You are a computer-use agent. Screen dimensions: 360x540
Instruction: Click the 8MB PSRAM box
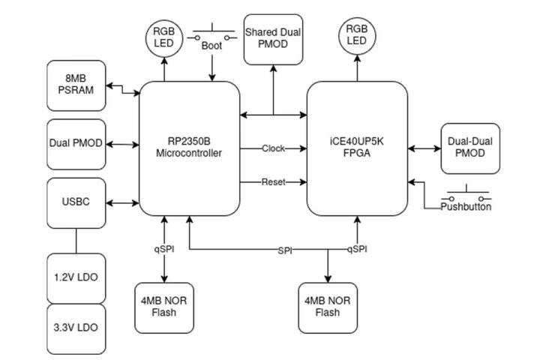(x=76, y=84)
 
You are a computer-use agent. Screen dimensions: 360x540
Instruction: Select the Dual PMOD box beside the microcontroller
(x=76, y=142)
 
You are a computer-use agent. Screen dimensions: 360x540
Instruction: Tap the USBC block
(x=76, y=202)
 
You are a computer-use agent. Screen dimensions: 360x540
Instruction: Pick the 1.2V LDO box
(x=76, y=277)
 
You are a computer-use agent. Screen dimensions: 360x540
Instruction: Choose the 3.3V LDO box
(x=76, y=328)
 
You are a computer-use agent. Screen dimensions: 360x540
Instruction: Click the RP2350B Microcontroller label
(x=190, y=148)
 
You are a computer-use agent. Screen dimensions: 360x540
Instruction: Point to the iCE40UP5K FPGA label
(x=358, y=148)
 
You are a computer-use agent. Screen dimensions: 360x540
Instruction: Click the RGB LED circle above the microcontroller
(x=163, y=39)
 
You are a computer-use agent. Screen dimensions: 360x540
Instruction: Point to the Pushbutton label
(x=466, y=206)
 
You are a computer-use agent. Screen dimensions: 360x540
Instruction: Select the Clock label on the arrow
(x=273, y=148)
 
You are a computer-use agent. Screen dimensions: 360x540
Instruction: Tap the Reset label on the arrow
(x=273, y=182)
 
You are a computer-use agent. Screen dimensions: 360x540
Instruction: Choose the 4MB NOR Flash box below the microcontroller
(x=163, y=307)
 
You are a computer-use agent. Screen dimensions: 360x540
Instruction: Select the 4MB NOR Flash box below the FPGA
(x=327, y=307)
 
